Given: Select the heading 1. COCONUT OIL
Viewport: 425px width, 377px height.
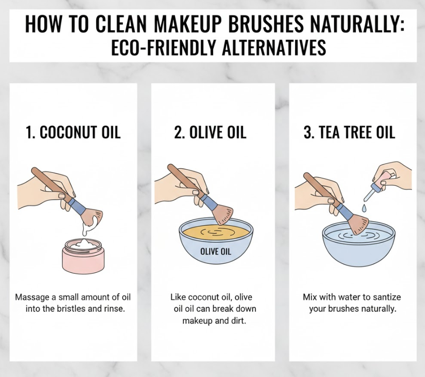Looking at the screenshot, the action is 73,132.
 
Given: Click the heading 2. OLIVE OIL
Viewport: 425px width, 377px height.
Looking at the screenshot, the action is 210,132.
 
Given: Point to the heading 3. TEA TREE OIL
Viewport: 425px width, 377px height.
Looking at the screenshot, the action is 349,132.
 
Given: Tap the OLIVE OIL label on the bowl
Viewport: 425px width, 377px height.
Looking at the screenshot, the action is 216,252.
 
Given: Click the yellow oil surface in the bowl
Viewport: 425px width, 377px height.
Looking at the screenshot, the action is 216,233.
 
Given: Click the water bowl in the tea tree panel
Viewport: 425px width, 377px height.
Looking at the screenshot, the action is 359,244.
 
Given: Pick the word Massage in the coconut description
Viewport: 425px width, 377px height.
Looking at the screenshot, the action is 32,297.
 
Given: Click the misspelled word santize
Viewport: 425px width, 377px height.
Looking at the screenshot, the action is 387,297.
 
